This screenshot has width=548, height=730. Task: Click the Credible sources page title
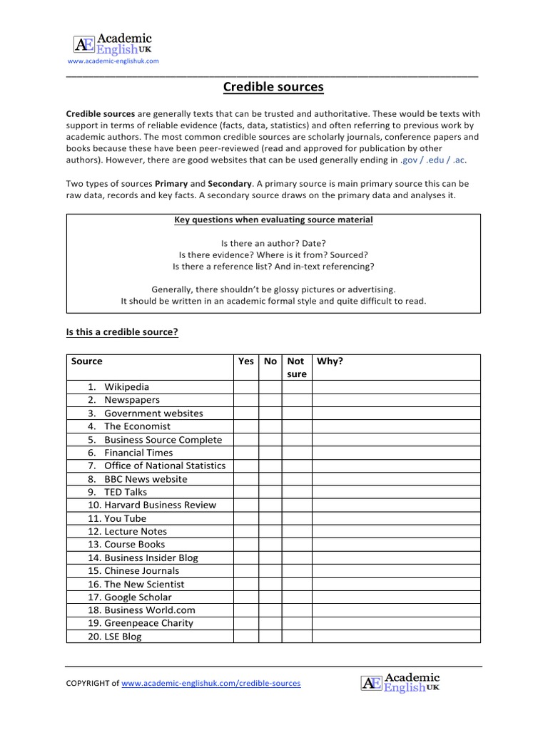[x=273, y=87]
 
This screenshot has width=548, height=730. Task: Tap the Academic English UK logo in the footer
[x=400, y=683]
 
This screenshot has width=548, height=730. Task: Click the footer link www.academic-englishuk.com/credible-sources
[x=211, y=683]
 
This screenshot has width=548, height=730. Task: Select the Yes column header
[x=245, y=361]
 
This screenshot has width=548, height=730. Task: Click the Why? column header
[x=330, y=361]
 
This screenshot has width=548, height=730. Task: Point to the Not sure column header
[x=296, y=367]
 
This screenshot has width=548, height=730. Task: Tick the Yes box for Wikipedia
[x=245, y=387]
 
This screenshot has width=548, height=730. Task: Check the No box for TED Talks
[x=270, y=492]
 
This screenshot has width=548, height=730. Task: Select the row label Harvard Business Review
[x=160, y=505]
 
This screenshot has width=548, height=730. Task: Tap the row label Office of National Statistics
[x=165, y=466]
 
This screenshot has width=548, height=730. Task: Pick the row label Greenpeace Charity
[x=148, y=623]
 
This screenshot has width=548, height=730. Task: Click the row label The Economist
[x=137, y=426]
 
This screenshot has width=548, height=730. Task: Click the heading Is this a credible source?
[x=121, y=331]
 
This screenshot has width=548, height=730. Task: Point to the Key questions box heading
[x=273, y=220]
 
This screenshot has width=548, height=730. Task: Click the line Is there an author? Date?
[x=273, y=243]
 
